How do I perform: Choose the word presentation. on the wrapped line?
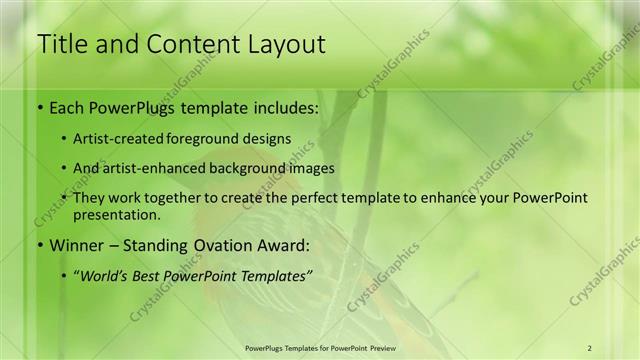tap(117, 214)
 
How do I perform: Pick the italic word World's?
tap(107, 275)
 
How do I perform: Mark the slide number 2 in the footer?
tap(589, 347)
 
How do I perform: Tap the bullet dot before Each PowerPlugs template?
tap(38, 105)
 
